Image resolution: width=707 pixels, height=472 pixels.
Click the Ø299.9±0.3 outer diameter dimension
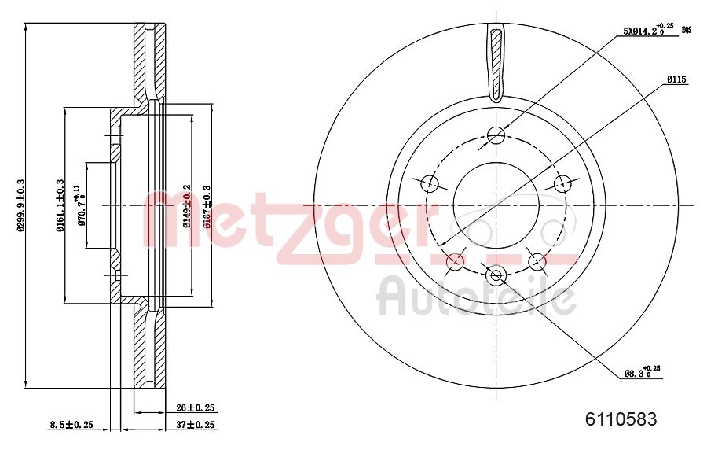pos(21,205)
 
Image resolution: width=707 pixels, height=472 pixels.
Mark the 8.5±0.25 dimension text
pos(71,425)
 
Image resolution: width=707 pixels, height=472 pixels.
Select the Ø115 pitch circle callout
pos(677,79)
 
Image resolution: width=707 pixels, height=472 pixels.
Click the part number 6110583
pos(621,419)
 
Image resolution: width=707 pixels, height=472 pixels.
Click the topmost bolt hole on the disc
pos(496,135)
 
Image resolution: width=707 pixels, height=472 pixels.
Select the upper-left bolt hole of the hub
pos(430,183)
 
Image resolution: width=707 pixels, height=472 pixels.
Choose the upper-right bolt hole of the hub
pos(562,183)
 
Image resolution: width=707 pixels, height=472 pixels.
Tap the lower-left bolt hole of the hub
pos(455,260)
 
